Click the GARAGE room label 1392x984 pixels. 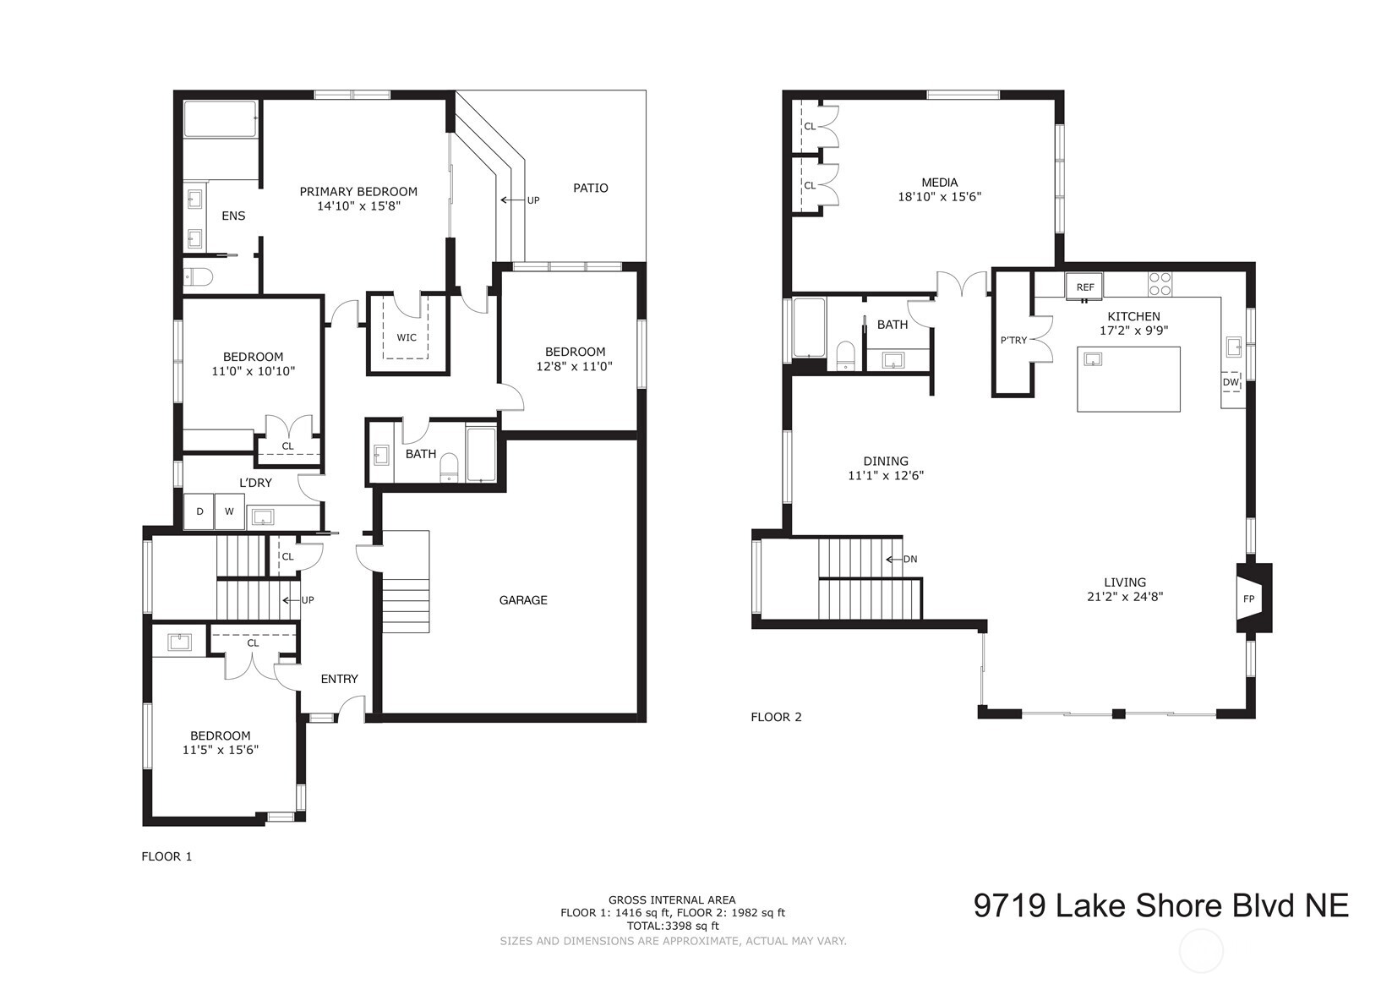(x=523, y=600)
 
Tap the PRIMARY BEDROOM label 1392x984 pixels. (x=358, y=192)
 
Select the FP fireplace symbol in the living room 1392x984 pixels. (x=1248, y=599)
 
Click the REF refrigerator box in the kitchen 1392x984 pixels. (x=1085, y=287)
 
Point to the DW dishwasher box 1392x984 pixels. (x=1230, y=382)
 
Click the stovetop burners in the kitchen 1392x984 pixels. (x=1160, y=283)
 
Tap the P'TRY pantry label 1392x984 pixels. (x=1013, y=341)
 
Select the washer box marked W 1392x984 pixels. (x=229, y=512)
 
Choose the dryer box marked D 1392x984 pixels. (x=199, y=512)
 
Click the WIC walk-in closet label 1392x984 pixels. (x=407, y=337)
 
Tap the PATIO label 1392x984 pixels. (x=590, y=188)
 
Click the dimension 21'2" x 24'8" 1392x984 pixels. (x=1125, y=596)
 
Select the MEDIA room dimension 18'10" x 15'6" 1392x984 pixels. (x=939, y=196)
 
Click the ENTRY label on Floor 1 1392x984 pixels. (x=339, y=679)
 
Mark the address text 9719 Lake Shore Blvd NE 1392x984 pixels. (x=1160, y=905)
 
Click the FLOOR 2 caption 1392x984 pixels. (x=775, y=717)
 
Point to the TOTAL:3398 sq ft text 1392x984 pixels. (x=672, y=926)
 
